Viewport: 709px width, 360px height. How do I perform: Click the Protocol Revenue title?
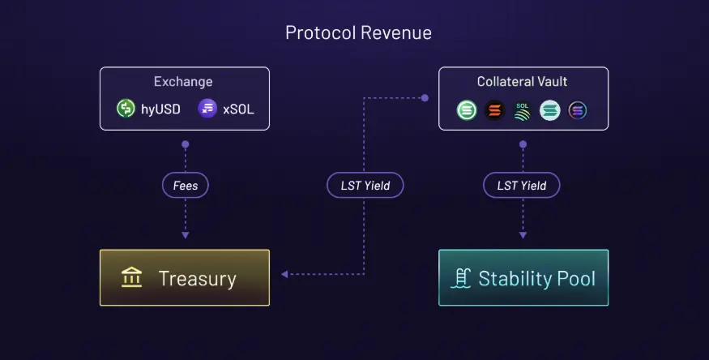(x=358, y=33)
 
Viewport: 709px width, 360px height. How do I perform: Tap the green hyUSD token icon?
(x=126, y=109)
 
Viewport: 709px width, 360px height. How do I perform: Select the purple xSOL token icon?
(x=207, y=109)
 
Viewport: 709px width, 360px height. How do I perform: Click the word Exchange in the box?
(x=183, y=81)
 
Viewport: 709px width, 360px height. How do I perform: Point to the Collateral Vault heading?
(x=522, y=81)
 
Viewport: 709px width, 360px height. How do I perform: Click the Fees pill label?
(x=186, y=185)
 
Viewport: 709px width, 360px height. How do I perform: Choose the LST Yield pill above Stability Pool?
(x=522, y=185)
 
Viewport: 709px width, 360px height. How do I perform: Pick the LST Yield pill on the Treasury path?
(x=365, y=185)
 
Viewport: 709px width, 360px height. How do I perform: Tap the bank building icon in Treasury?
(x=131, y=277)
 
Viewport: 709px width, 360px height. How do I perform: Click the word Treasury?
(x=197, y=279)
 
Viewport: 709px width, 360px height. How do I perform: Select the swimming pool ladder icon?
(x=461, y=278)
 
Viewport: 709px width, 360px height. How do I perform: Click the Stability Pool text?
(x=536, y=279)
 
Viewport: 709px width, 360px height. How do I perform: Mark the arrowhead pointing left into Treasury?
(x=284, y=274)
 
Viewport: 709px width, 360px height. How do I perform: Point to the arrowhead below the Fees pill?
(x=186, y=235)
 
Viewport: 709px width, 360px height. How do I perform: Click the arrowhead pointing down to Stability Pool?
(x=523, y=235)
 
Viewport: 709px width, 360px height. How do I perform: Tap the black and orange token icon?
(x=494, y=110)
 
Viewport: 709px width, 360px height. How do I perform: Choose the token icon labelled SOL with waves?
(x=523, y=111)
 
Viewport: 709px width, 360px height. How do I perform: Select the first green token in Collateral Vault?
(x=467, y=110)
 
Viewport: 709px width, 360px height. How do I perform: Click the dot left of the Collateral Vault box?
(x=425, y=97)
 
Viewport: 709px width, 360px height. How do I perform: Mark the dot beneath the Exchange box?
(x=186, y=144)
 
